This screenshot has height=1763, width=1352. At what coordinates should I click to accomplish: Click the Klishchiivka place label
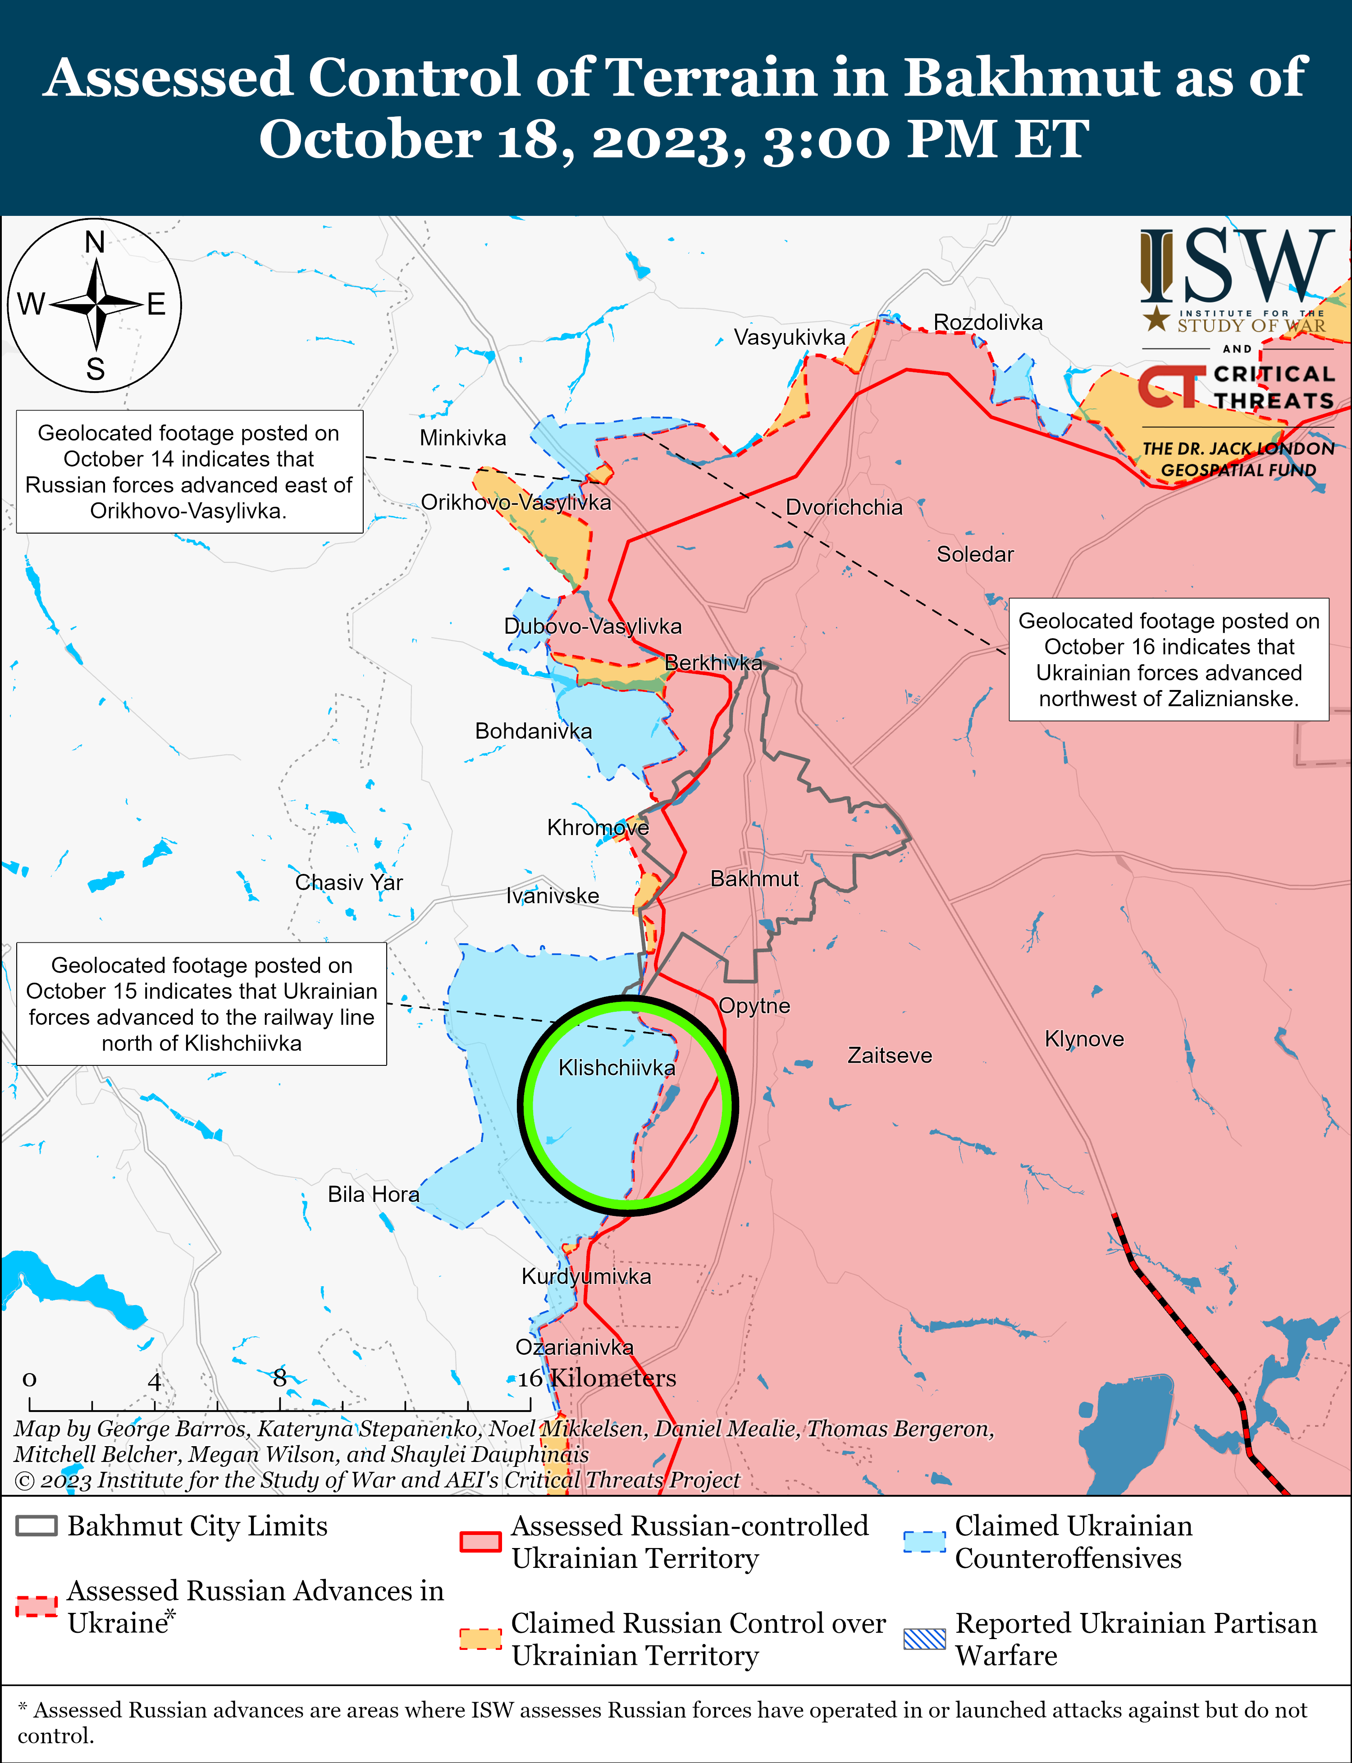[617, 1068]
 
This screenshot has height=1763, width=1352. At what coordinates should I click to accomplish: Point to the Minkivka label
[463, 438]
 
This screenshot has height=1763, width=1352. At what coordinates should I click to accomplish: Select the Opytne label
[754, 1006]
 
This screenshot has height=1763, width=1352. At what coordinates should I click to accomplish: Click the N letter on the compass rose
[95, 242]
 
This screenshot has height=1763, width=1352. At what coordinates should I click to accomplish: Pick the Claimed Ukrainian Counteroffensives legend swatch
[924, 1541]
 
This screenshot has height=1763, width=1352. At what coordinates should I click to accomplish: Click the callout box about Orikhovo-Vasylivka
[189, 471]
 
